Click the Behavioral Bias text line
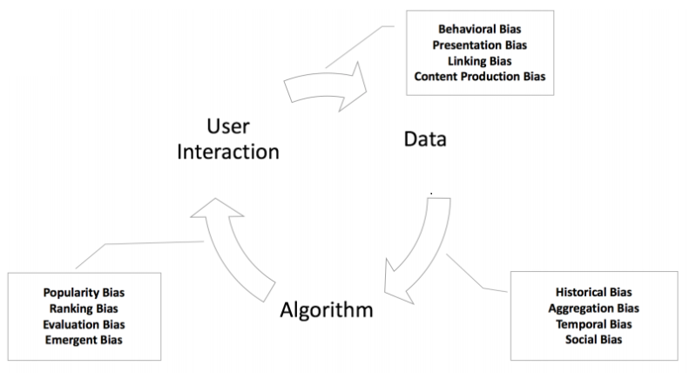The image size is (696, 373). [479, 29]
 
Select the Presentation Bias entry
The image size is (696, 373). [479, 44]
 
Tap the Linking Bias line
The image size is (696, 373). [479, 60]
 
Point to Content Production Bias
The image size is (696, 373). [479, 76]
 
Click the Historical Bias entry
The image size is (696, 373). [593, 292]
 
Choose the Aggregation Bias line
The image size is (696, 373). [593, 308]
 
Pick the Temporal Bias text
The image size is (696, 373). [593, 323]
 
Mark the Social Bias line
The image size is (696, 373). [593, 339]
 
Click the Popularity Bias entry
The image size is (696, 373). [84, 292]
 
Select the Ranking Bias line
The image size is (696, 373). [84, 308]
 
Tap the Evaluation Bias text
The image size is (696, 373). [84, 323]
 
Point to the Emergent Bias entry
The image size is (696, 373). [84, 339]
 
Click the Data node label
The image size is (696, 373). [425, 139]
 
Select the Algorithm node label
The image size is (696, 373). [328, 310]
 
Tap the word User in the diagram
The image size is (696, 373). [228, 125]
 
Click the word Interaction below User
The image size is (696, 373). [228, 152]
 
